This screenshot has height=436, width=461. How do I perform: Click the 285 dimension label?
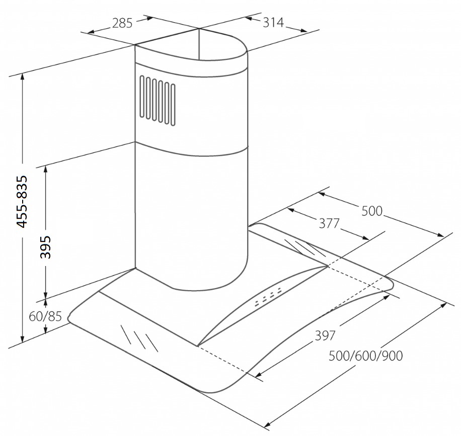coord(122,23)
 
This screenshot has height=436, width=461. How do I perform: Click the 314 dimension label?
coord(273,22)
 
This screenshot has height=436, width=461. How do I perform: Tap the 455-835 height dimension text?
coord(22,202)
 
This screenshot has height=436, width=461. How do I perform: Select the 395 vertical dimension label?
coord(45,247)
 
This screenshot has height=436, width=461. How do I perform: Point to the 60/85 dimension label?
coord(45,316)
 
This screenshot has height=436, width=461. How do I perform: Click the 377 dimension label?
coord(329,223)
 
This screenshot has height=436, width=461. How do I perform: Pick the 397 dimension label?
coord(325,335)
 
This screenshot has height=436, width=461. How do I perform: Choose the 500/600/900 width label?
coord(365,356)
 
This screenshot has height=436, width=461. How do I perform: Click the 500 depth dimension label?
coord(371,211)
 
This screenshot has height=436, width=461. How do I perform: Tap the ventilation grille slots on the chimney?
coord(158,101)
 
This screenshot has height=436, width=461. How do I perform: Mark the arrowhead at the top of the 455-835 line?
coord(22,77)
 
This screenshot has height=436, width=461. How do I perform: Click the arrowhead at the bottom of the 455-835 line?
coord(22,339)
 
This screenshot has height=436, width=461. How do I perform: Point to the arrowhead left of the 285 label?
coord(92,31)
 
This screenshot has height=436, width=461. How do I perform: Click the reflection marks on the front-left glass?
coord(139,338)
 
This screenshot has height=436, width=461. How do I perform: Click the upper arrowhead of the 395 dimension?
coord(45,169)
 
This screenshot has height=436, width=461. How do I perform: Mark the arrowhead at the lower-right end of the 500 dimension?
coord(440,235)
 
